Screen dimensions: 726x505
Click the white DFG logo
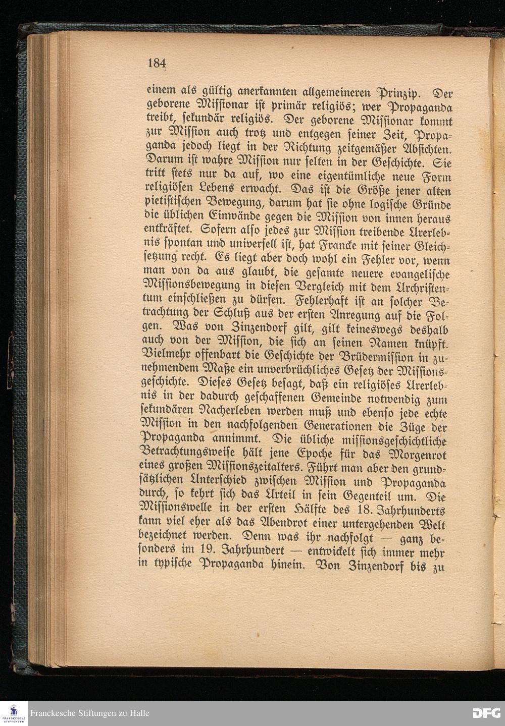[486, 713]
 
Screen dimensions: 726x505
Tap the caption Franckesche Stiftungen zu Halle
[90, 713]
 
